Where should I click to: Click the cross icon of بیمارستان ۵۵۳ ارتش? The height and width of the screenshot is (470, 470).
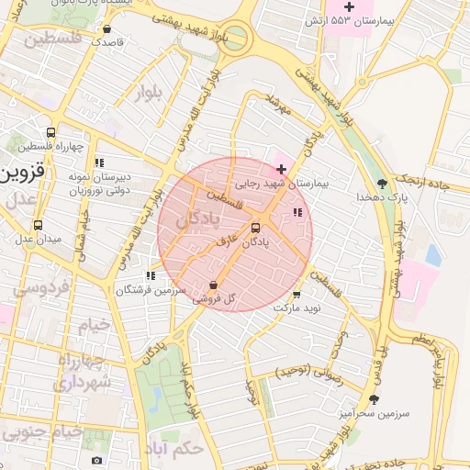pos(375,6)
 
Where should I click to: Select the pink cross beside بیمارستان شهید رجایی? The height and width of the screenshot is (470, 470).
pos(281,169)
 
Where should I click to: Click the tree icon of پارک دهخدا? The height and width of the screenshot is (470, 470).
pos(382,182)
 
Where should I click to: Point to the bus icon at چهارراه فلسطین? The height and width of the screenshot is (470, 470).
pos(50,131)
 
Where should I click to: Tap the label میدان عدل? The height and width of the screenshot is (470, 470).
pos(36,240)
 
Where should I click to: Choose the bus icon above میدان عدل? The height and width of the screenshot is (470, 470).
pos(38,225)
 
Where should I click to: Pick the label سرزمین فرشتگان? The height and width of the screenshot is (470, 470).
pos(151,290)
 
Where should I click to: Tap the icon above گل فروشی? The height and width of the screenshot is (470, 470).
pos(214,285)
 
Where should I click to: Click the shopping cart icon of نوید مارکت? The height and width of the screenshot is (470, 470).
pos(296,295)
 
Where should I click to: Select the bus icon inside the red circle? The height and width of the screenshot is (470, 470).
pos(255,228)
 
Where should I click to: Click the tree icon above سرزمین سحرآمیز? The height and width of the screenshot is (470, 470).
pos(373,399)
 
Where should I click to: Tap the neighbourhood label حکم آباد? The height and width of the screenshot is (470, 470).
pos(173,449)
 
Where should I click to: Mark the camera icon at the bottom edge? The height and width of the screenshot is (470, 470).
pos(97,460)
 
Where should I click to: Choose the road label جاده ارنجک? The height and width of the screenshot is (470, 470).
pos(431,184)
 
